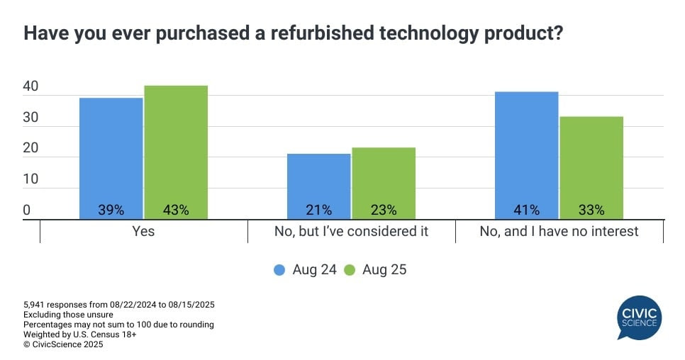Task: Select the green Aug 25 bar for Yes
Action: [176, 152]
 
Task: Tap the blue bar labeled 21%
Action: [319, 186]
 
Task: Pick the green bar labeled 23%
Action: [384, 183]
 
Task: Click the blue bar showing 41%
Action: [526, 155]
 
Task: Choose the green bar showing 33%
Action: [591, 167]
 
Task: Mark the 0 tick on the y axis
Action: [26, 210]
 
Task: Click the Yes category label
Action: [144, 232]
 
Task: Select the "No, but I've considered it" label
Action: [351, 232]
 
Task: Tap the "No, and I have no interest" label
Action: [559, 232]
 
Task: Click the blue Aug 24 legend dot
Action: [279, 270]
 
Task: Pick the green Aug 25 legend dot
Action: [349, 270]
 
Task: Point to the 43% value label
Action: [176, 210]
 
